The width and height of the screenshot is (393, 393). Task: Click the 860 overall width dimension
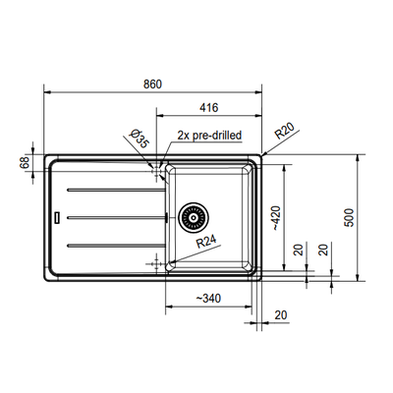(x=152, y=84)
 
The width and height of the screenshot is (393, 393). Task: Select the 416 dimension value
(x=207, y=107)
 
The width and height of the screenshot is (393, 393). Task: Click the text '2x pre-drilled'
(x=208, y=135)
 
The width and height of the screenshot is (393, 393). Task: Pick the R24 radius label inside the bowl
(x=205, y=241)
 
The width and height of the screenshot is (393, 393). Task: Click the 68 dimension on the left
(x=25, y=163)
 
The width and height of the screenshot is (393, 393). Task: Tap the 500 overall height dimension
(x=349, y=218)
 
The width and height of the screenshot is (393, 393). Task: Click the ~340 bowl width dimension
(x=207, y=298)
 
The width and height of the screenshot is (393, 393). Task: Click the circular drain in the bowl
(x=193, y=214)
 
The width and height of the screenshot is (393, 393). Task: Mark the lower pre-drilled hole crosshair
(x=155, y=263)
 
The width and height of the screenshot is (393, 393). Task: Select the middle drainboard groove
(x=108, y=215)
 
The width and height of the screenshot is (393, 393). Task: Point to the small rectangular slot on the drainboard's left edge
(x=58, y=214)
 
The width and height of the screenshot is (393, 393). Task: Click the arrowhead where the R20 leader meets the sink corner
(x=263, y=155)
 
